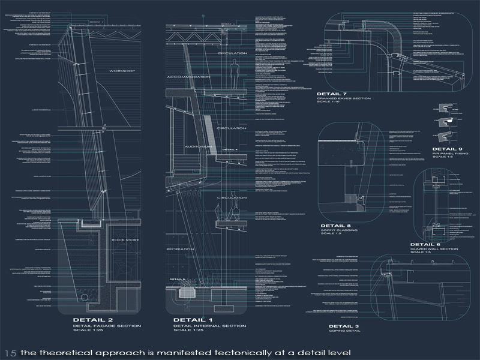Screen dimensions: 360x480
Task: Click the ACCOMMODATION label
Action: [188, 77]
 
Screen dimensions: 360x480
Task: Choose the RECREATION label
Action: [181, 247]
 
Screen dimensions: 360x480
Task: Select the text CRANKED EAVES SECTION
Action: [344, 98]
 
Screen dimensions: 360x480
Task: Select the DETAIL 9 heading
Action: [447, 148]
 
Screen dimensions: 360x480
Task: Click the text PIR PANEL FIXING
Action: [447, 154]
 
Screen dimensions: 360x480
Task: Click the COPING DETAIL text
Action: [344, 331]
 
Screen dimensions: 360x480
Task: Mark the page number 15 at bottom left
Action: [10, 352]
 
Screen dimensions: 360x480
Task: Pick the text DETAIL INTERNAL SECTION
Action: [209, 326]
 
